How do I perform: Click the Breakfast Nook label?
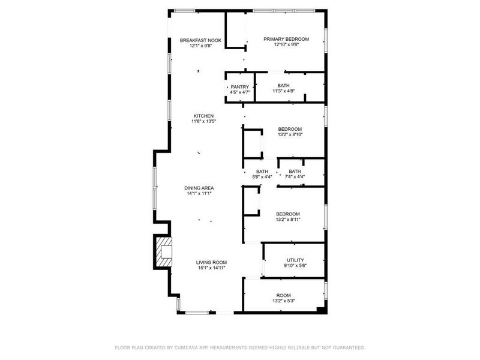click(201, 40)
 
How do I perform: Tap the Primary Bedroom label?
click(286, 39)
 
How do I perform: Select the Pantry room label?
click(239, 87)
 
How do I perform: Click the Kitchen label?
click(203, 116)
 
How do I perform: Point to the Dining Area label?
click(199, 188)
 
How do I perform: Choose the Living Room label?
click(211, 262)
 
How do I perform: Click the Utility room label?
click(295, 260)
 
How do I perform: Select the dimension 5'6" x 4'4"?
click(262, 177)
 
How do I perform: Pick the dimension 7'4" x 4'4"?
click(295, 177)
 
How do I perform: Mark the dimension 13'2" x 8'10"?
click(290, 135)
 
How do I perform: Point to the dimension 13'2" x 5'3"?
click(283, 301)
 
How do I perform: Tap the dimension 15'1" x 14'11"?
click(211, 268)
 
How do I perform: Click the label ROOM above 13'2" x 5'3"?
click(283, 295)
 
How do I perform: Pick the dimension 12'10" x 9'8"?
click(286, 45)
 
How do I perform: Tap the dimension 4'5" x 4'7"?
click(239, 92)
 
